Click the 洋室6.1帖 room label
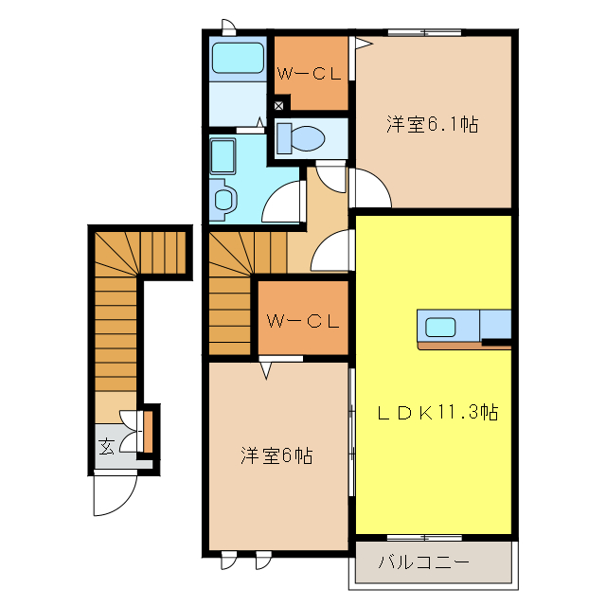(431, 124)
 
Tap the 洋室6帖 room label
(276, 455)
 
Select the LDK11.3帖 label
(438, 412)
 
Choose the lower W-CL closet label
(302, 321)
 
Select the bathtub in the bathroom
(237, 59)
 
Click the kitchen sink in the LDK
(441, 328)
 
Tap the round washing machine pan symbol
(223, 199)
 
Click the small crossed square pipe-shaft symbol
(278, 105)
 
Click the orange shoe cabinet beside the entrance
(148, 430)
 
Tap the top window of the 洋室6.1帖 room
(423, 33)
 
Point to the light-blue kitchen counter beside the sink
(496, 325)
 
